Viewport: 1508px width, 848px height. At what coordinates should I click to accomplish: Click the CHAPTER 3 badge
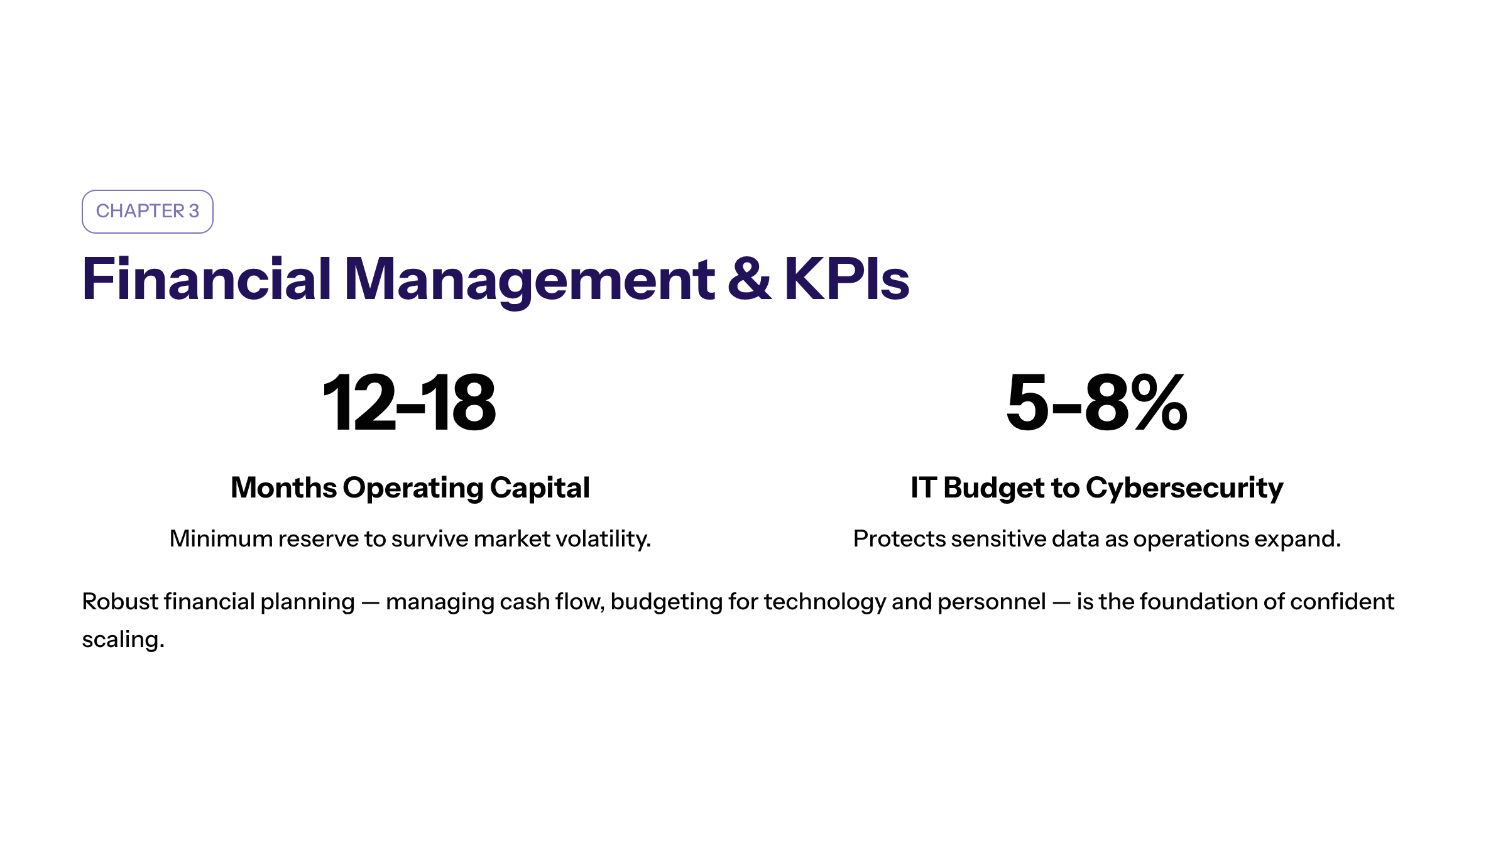148,212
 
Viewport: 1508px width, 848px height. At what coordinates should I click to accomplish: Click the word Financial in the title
207,279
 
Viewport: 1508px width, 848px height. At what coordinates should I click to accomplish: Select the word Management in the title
529,281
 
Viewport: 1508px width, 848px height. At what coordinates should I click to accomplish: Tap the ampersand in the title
749,279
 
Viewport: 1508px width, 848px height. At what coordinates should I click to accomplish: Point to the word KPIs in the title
847,279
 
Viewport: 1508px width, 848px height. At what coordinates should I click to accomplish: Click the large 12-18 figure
410,403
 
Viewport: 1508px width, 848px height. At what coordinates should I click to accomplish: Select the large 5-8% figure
1097,403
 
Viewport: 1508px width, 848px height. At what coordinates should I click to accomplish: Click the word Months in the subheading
284,487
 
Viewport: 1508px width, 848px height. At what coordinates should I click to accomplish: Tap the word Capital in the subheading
540,489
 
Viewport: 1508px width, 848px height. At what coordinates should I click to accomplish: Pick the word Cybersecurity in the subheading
1184,489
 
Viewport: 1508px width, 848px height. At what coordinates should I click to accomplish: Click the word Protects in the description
899,539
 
